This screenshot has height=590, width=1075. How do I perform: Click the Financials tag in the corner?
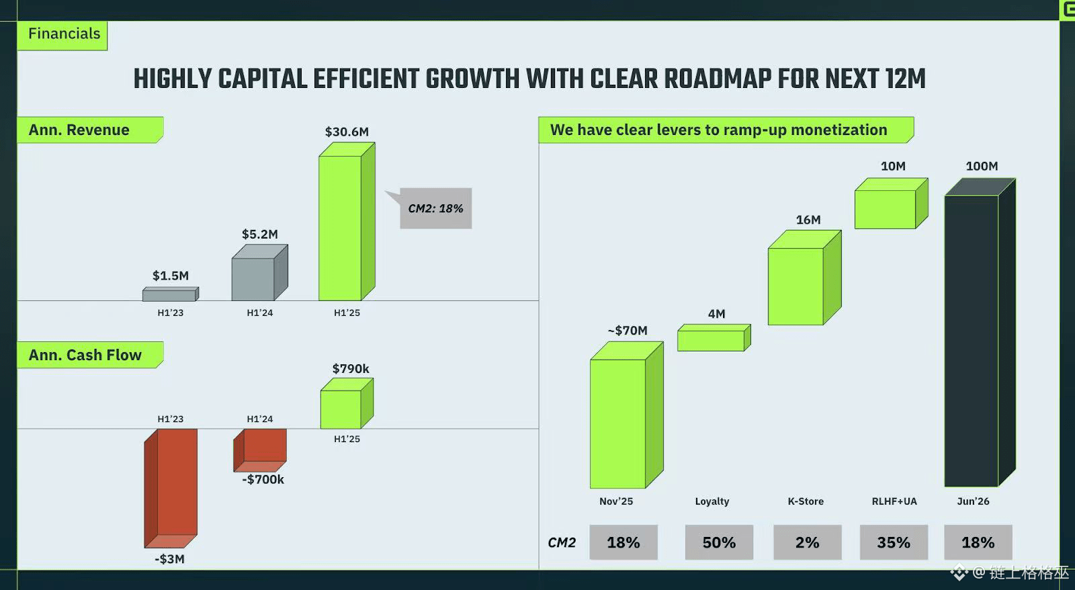(64, 34)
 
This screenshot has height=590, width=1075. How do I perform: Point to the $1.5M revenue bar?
(169, 295)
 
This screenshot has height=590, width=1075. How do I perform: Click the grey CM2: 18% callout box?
(435, 208)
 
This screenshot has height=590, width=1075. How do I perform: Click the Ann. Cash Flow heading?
(85, 355)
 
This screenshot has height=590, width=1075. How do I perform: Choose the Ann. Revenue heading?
(79, 130)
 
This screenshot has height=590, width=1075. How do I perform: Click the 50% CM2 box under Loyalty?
(719, 542)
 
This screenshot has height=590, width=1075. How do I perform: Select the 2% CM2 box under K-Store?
(807, 542)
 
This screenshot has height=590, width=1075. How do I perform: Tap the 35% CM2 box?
(894, 542)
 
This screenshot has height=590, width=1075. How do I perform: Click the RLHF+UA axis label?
(894, 501)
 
